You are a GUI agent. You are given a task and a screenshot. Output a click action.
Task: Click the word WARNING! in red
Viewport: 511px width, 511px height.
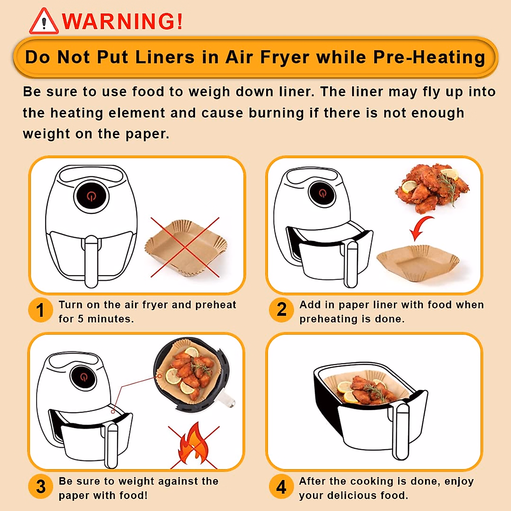click(123, 21)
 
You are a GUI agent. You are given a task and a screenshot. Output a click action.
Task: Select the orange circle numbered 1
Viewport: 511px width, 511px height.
click(40, 310)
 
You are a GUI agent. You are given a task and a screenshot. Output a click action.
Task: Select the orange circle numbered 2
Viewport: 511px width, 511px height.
click(281, 310)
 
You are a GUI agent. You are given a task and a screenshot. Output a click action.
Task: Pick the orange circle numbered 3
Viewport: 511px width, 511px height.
click(40, 486)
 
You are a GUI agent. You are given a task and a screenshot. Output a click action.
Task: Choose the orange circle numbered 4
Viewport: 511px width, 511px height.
click(281, 486)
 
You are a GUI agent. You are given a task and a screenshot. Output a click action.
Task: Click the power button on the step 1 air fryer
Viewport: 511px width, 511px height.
click(91, 196)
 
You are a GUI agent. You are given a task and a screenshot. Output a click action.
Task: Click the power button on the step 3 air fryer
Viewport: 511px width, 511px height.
click(83, 377)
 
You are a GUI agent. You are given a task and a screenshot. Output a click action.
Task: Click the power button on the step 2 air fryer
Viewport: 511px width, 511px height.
click(322, 194)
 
